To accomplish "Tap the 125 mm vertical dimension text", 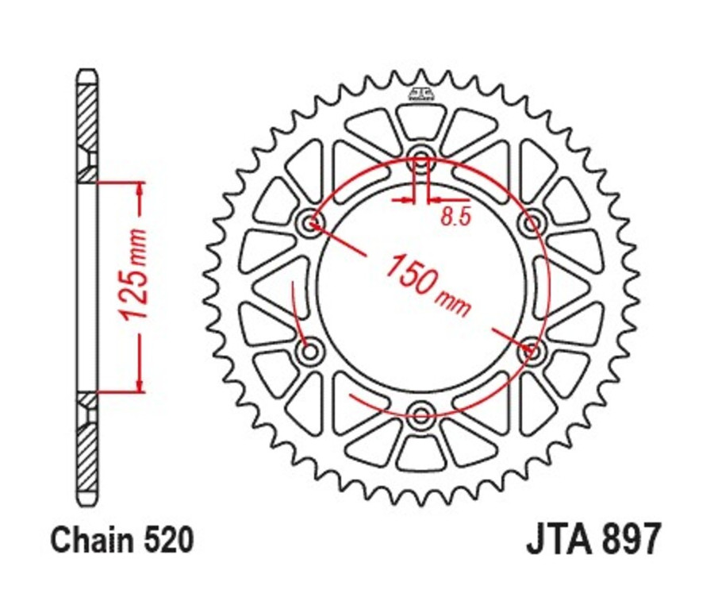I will (135, 274).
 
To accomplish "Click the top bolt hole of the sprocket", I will (421, 155).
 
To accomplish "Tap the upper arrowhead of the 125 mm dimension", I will (140, 189).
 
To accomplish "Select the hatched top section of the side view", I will (87, 119).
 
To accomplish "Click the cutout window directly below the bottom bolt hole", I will (421, 453).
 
